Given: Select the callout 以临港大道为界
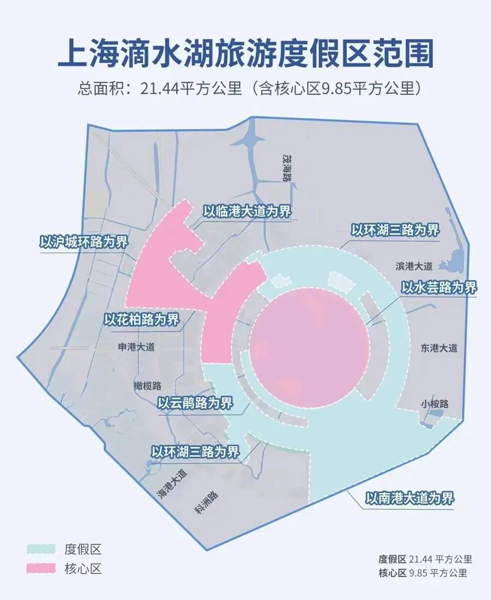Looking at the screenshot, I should point(247,212).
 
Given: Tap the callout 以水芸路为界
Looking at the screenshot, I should point(439,287).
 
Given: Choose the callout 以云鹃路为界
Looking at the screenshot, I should point(195,404).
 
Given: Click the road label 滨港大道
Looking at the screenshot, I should point(414,266).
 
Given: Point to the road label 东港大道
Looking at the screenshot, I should point(439,348).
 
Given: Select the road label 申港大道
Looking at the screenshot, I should point(136,347).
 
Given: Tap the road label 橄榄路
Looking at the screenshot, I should point(147,386).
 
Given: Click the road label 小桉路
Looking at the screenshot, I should point(434,404).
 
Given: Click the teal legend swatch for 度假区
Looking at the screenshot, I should point(41,549).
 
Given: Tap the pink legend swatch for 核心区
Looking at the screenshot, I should point(41,569).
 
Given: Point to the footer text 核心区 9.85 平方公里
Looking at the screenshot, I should point(423,573).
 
